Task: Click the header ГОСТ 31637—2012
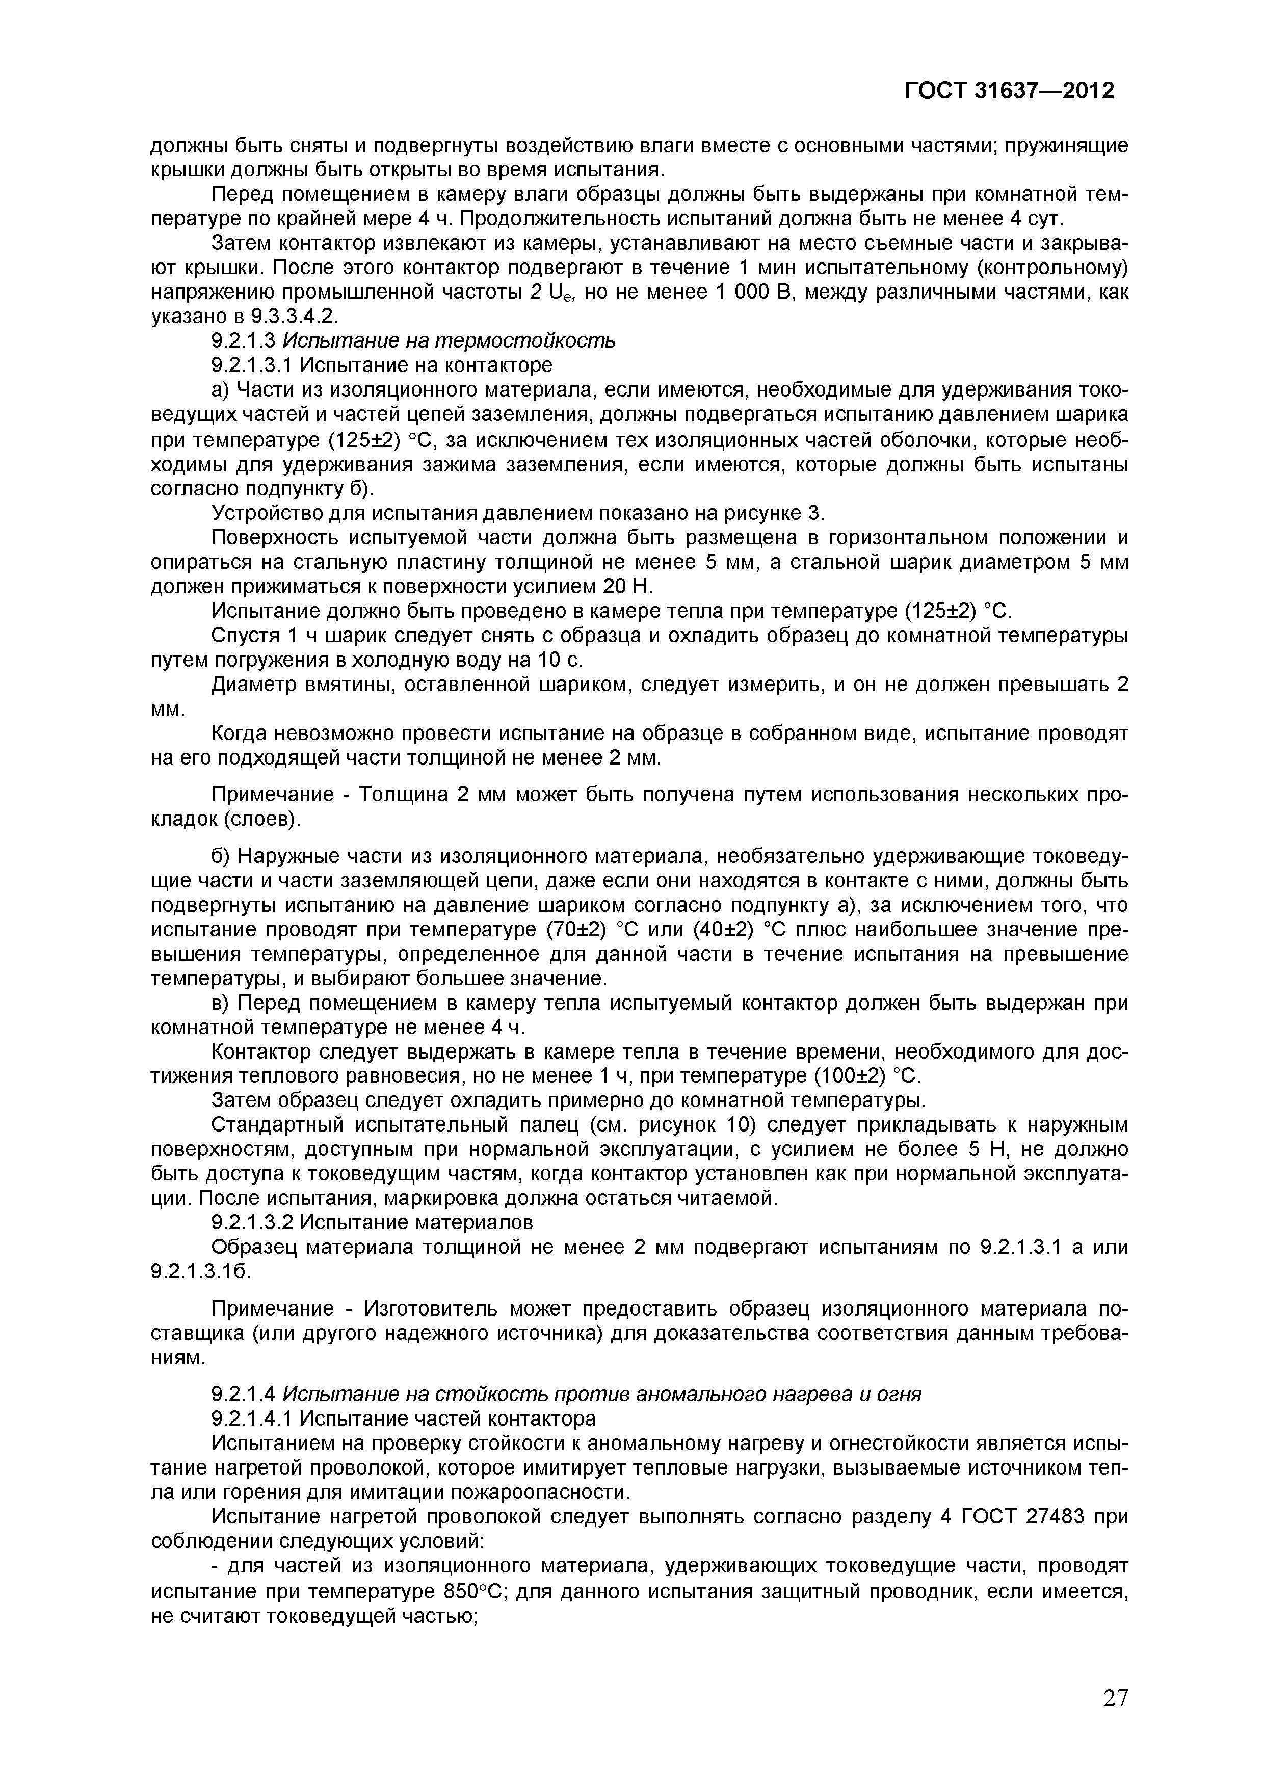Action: click(1009, 91)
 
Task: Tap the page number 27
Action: click(1115, 1697)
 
